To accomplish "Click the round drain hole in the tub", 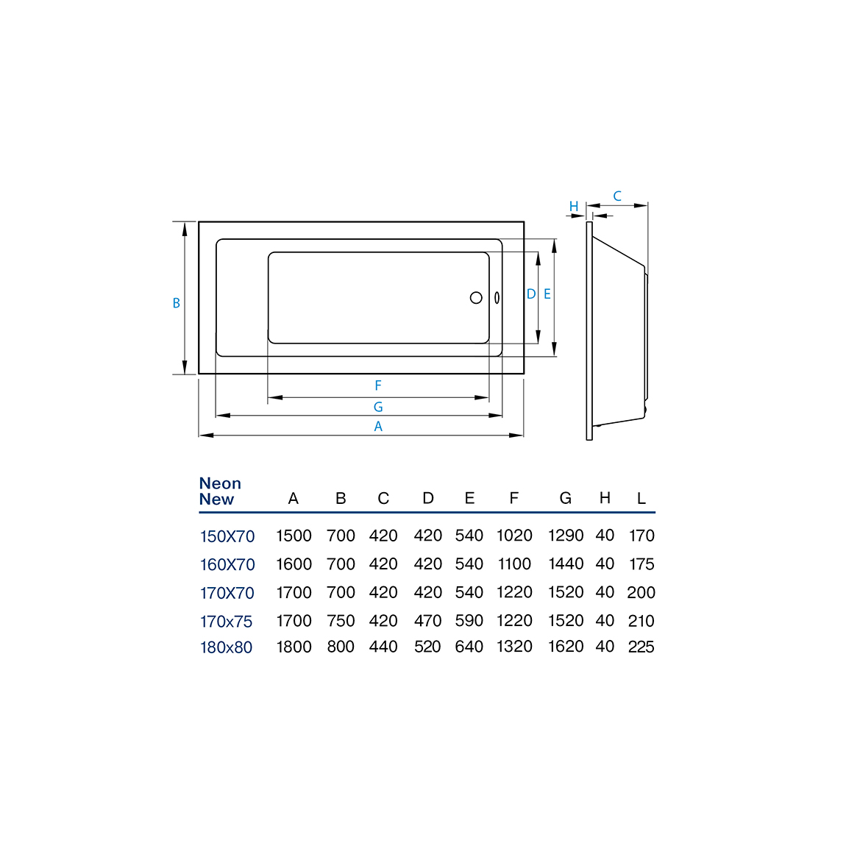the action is [476, 297].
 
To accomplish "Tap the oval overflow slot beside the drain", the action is [497, 298].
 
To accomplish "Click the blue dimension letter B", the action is [176, 303].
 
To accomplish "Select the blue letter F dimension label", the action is [378, 385].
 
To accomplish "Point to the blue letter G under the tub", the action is [378, 407].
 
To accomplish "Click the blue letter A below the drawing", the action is [378, 426].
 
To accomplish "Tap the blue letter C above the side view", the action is [617, 196].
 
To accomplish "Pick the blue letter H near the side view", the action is [574, 206].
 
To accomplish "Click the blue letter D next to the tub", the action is [531, 294].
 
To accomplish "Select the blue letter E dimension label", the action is [547, 294].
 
